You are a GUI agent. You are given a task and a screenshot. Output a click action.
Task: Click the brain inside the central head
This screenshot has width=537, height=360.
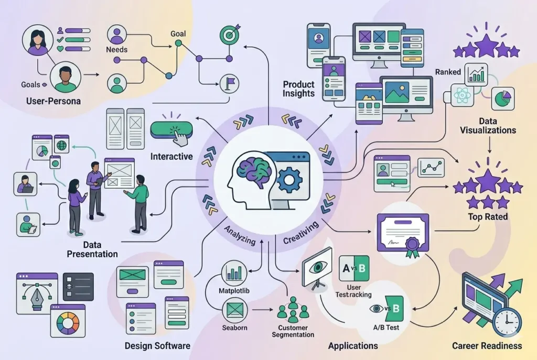pyautogui.click(x=254, y=168)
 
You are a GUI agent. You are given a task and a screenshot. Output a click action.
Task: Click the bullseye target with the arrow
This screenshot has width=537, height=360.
pyautogui.click(x=229, y=36)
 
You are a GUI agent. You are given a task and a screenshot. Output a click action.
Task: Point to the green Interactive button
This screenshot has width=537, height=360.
pyautogui.click(x=171, y=130)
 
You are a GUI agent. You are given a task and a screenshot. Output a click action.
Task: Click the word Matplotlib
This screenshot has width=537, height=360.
pyautogui.click(x=234, y=290)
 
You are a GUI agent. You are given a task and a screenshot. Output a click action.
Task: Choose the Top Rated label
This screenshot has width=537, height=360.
pyautogui.click(x=488, y=216)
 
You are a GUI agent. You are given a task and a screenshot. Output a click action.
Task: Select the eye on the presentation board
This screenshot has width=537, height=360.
pyautogui.click(x=318, y=267)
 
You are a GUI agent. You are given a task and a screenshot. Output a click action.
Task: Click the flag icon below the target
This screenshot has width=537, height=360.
pyautogui.click(x=229, y=82)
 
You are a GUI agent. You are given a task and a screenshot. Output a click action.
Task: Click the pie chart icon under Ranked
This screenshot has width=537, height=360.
pyautogui.click(x=502, y=99)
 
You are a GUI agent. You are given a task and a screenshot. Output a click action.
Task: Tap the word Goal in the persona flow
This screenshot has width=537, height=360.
pyautogui.click(x=178, y=34)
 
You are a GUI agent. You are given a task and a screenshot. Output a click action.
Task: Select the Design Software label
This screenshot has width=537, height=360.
pyautogui.click(x=157, y=346)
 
